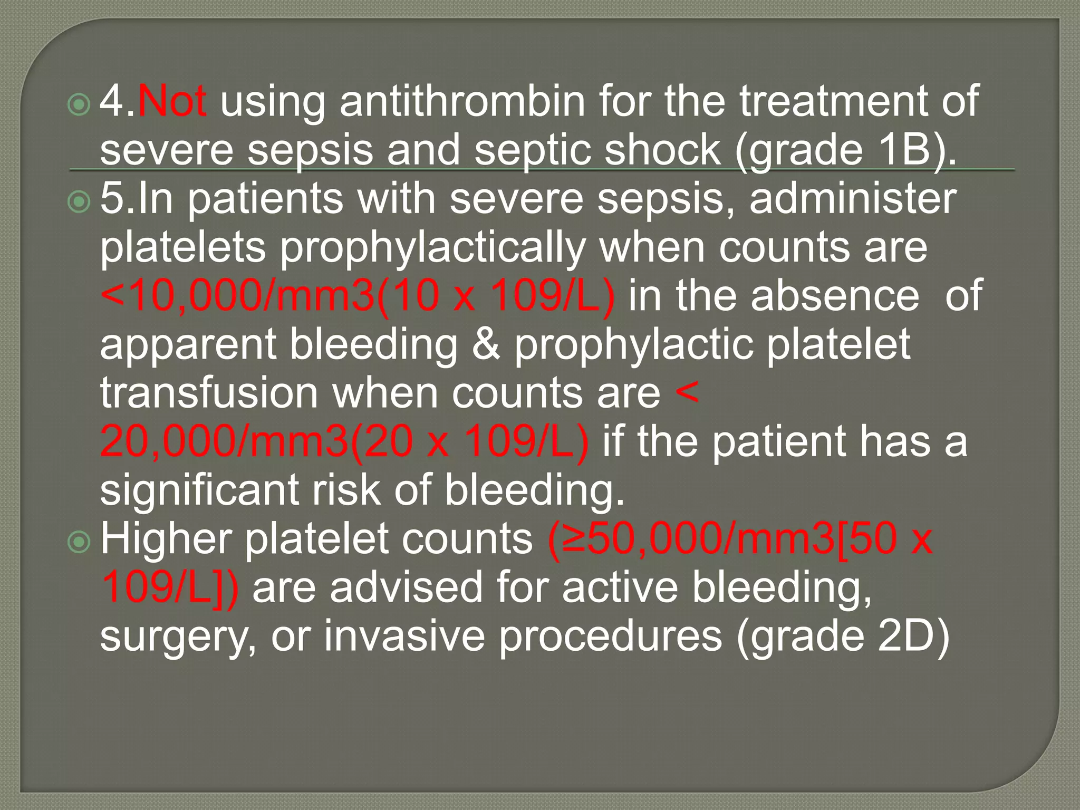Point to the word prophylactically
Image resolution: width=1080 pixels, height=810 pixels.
pos(433,248)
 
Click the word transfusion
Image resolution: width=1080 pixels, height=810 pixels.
pos(209,393)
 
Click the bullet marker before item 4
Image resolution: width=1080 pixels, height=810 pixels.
pos(79,105)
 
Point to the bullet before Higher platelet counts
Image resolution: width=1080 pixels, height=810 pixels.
pos(79,543)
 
